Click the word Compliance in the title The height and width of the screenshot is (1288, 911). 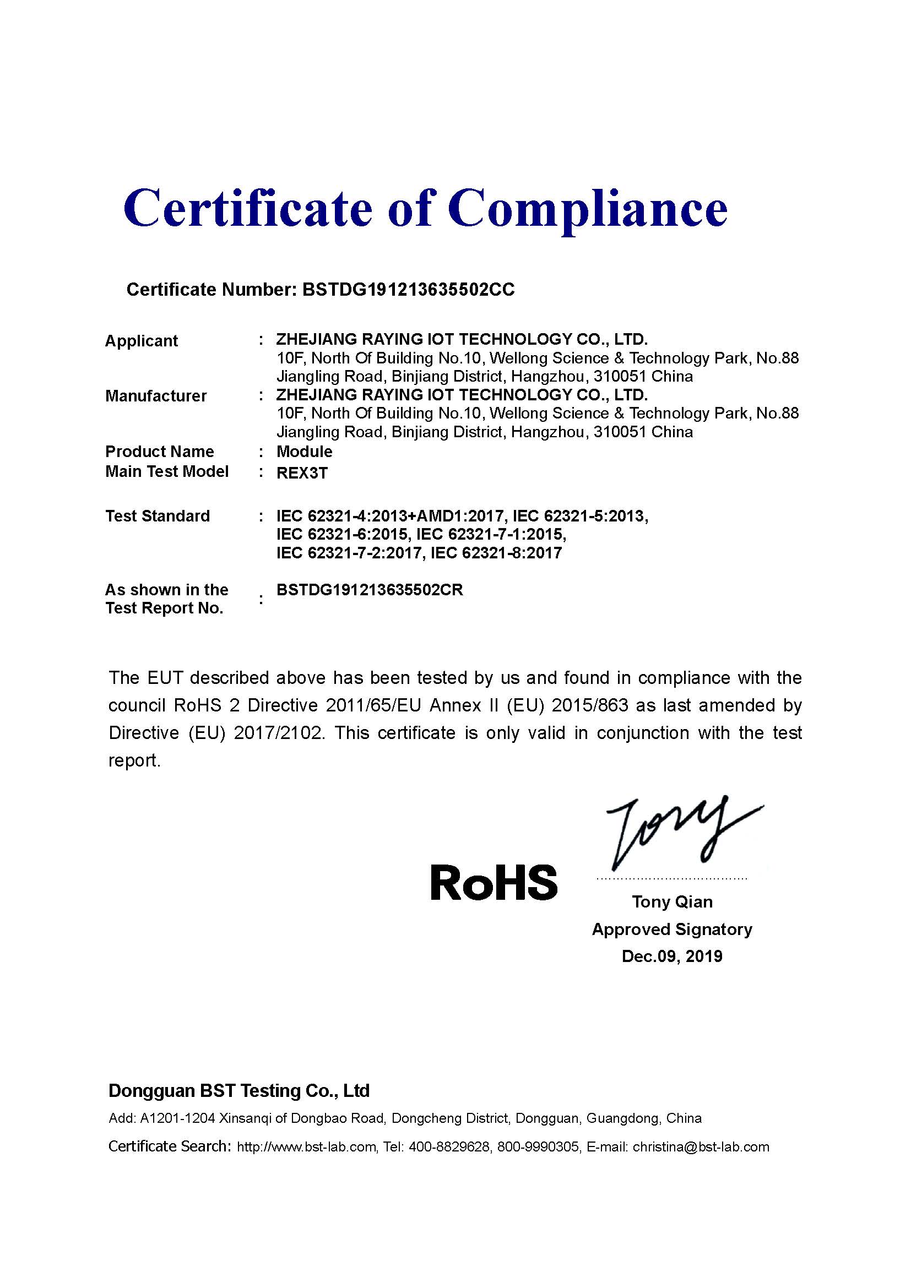(x=587, y=209)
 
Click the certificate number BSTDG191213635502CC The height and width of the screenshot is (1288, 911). (x=408, y=290)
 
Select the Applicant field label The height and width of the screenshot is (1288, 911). (x=142, y=341)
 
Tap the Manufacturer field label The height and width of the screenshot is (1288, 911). (x=156, y=396)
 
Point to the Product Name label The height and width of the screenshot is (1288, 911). (x=160, y=452)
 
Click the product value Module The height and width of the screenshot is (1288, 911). (x=304, y=452)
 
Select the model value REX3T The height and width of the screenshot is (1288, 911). (x=302, y=473)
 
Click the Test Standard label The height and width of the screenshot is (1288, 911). (x=158, y=516)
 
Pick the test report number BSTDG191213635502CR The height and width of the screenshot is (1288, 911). (x=370, y=590)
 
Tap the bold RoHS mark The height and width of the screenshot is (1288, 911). (x=494, y=883)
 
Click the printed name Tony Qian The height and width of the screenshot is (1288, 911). (x=672, y=902)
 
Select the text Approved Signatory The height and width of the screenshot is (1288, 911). (x=672, y=930)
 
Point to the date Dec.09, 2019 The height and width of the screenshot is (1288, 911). (x=672, y=957)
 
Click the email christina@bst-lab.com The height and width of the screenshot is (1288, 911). (x=701, y=1147)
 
